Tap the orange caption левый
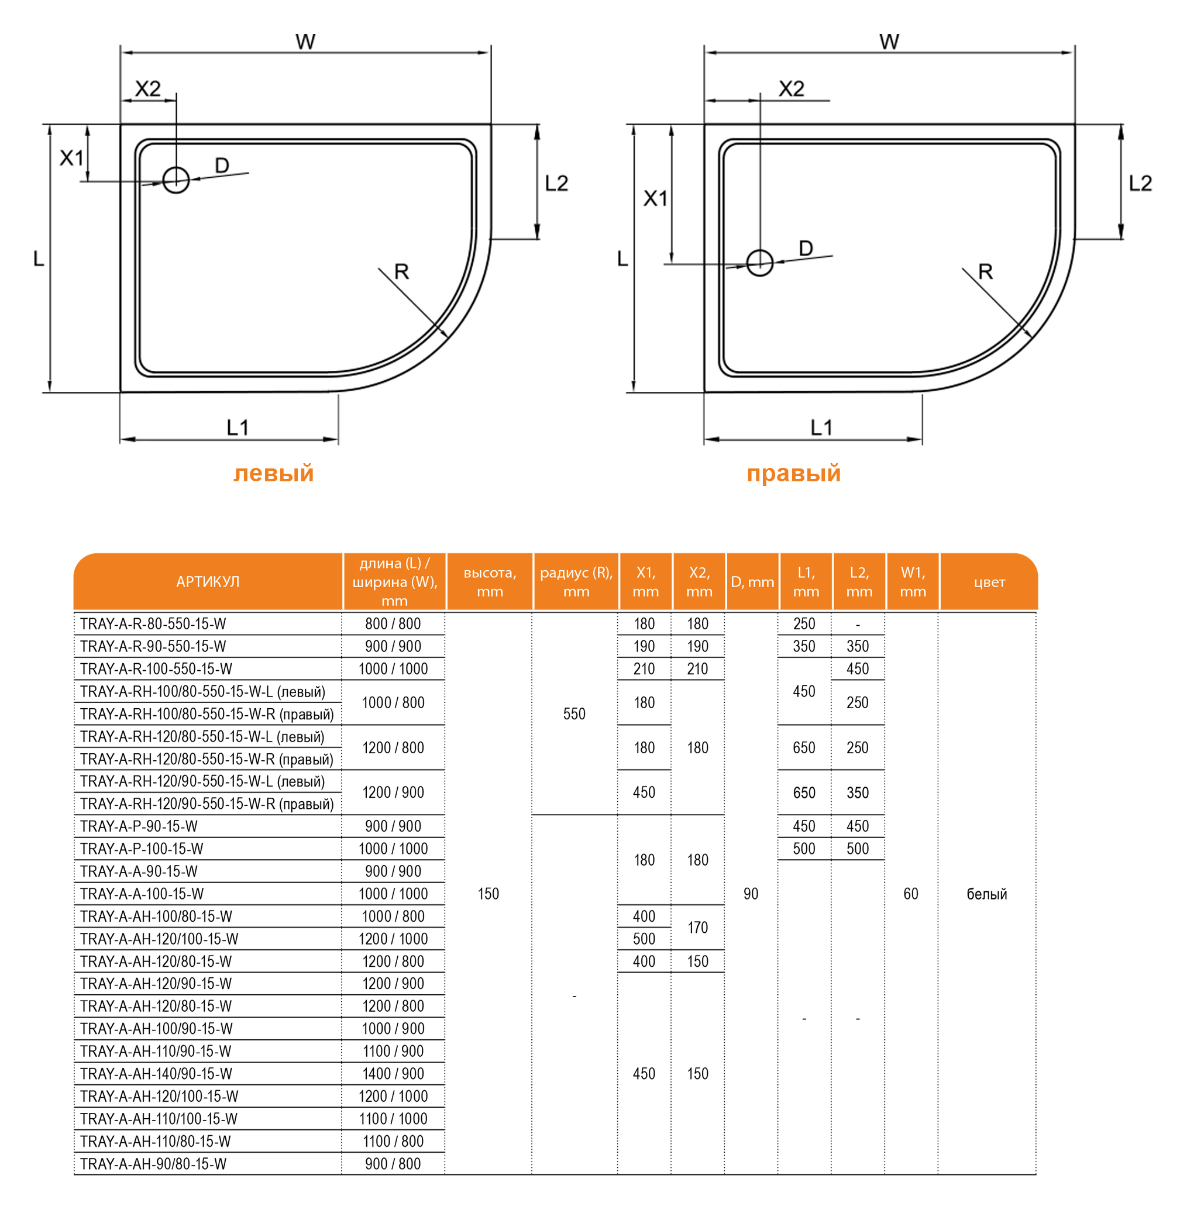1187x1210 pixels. point(274,474)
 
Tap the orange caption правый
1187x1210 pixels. point(794,474)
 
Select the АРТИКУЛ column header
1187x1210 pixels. point(208,582)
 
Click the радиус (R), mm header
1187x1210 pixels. point(576,582)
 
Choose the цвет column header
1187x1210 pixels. point(989,582)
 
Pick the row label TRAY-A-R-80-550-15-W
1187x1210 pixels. point(153,623)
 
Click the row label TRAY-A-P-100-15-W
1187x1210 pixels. point(142,849)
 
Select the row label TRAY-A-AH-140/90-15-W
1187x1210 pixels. point(156,1074)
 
